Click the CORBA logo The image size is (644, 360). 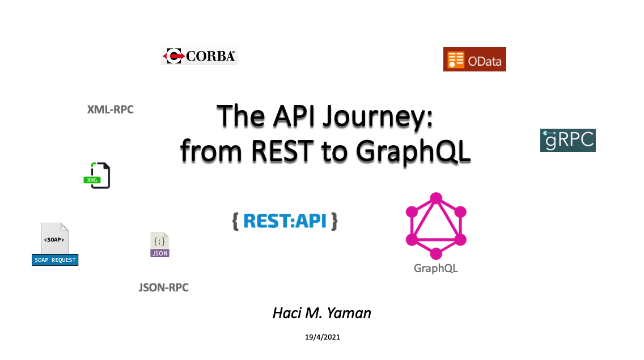pos(200,56)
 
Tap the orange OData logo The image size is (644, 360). pos(474,59)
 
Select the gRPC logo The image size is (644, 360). pos(567,140)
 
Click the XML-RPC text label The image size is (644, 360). pos(111,110)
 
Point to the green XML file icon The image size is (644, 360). pos(97,176)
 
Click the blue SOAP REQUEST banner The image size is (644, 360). pos(55,260)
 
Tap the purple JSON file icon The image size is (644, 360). pos(160,244)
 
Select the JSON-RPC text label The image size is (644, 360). pos(163,287)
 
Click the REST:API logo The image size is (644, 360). pos(285,221)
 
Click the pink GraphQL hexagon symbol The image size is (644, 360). pos(436,226)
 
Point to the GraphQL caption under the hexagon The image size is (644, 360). pos(436,268)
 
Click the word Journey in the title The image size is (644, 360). pos(378,117)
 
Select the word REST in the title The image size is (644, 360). pos(282,151)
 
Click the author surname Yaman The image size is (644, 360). pos(349,313)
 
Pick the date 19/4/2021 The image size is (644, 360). pos(323,337)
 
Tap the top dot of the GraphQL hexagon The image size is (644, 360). pos(436,198)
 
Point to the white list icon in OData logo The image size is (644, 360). pos(455,60)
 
